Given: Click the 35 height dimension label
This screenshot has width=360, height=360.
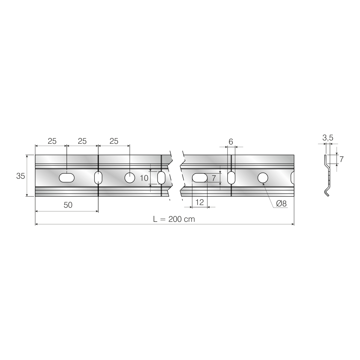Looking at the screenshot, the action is click(21, 176).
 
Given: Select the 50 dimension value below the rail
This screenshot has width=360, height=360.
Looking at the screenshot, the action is click(68, 205).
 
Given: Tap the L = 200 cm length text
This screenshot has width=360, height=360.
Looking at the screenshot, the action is click(174, 219).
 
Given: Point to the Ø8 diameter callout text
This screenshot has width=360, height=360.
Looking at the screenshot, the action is click(281, 203).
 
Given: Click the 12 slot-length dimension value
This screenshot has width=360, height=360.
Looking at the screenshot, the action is click(199, 202).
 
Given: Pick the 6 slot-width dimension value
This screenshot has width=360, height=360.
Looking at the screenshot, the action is click(231, 142).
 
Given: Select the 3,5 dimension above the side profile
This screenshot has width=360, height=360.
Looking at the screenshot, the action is click(328, 138).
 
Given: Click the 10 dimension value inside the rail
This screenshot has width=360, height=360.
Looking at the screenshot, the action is click(144, 178).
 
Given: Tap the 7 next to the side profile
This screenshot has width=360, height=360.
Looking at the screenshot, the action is click(341, 159).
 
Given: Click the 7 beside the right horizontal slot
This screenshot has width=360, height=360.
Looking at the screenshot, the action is click(214, 178).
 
